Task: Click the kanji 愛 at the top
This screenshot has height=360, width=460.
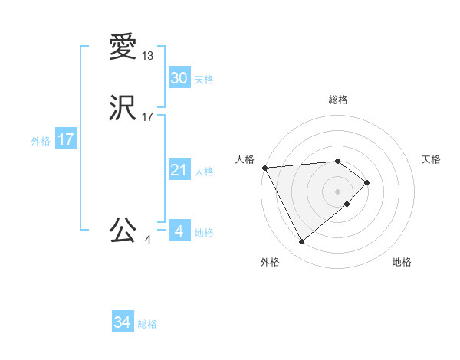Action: [x=123, y=47]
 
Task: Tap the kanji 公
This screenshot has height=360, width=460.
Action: [x=123, y=230]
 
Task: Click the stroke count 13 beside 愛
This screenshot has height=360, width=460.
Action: [x=148, y=56]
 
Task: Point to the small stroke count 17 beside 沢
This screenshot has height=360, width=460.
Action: [x=148, y=118]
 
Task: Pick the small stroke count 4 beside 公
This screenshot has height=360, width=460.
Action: [x=148, y=239]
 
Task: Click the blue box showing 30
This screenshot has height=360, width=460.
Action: [x=179, y=78]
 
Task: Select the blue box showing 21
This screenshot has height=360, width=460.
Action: [x=179, y=171]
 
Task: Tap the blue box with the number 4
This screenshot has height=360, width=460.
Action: [x=179, y=231]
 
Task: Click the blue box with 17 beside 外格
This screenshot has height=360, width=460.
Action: [x=66, y=139]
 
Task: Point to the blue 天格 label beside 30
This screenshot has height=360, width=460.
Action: [x=204, y=80]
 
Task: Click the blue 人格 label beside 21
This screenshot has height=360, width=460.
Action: [x=204, y=172]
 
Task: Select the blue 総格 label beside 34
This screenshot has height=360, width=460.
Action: [x=147, y=324]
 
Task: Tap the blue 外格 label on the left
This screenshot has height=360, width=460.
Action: [x=41, y=141]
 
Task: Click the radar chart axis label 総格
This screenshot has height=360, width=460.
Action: [x=338, y=100]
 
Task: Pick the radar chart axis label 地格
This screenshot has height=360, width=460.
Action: [x=402, y=263]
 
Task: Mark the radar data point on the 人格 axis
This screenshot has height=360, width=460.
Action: [x=264, y=168]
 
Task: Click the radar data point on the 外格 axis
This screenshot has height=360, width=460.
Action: [x=301, y=242]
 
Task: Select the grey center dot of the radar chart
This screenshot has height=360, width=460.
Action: [x=337, y=191]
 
